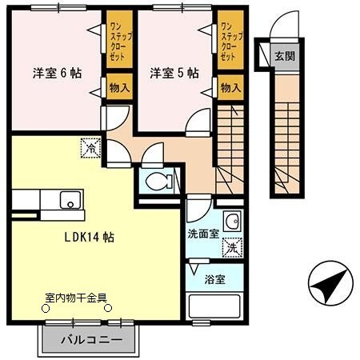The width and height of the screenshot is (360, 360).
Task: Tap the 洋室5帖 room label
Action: point(173,72)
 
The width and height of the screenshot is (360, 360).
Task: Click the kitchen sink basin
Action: point(70,200)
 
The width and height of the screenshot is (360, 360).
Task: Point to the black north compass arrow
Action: point(330,284)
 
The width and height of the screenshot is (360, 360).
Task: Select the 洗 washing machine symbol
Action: point(231,247)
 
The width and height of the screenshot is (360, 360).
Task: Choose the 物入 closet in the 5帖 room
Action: point(230,87)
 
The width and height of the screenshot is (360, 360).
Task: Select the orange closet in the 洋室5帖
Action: point(230,42)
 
